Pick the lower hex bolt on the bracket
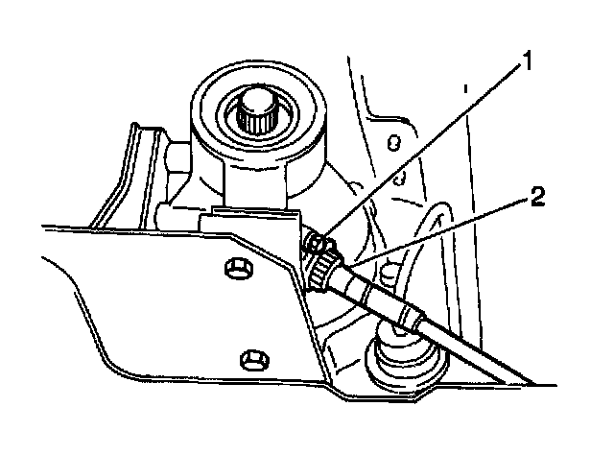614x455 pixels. coord(251,359)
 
